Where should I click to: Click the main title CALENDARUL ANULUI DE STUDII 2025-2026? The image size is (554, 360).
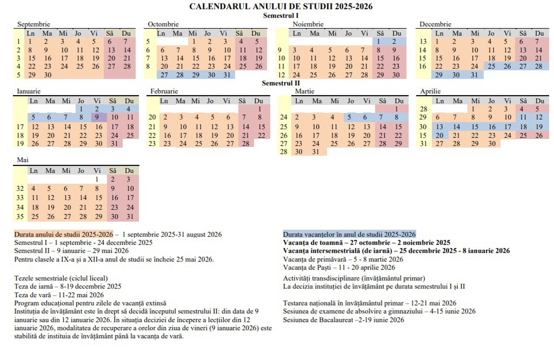tap(281, 6)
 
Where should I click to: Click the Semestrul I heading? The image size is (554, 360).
tap(281, 16)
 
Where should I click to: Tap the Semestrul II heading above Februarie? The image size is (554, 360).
tap(281, 83)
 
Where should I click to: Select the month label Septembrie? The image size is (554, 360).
tap(34, 24)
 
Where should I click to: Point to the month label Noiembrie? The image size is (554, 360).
tap(308, 24)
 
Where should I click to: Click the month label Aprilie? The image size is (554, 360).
tap(430, 91)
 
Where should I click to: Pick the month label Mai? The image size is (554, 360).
tap(23, 160)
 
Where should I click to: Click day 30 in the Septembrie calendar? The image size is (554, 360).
tap(48, 74)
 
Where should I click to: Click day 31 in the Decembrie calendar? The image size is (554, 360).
tap(475, 74)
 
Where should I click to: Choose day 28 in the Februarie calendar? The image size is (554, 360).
tap(245, 144)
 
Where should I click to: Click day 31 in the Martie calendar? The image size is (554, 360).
tap(316, 152)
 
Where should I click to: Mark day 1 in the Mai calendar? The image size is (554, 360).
tap(97, 179)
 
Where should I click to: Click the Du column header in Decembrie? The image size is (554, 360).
tap(539, 33)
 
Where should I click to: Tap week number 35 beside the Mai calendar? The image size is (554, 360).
tap(20, 216)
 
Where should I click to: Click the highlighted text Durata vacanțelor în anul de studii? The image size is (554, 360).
tap(349, 234)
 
